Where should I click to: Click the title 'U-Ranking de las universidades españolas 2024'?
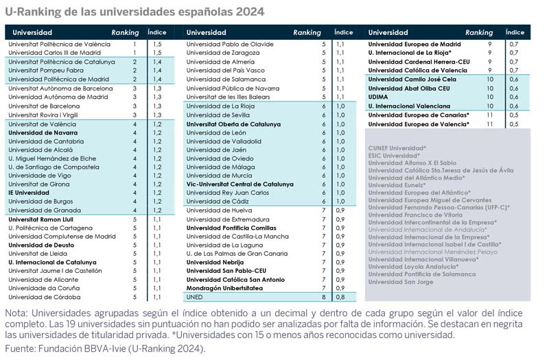pyautogui.click(x=135, y=12)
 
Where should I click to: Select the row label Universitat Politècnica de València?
pyautogui.click(x=59, y=44)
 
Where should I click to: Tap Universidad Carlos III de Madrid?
pyautogui.click(x=54, y=53)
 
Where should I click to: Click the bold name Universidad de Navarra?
pyautogui.click(x=43, y=133)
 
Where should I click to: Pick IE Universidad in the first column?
pyautogui.click(x=29, y=193)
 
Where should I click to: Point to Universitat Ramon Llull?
pyautogui.click(x=40, y=219)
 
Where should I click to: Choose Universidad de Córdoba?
pyautogui.click(x=45, y=297)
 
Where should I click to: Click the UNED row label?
pyautogui.click(x=194, y=297)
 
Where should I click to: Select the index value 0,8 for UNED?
pyautogui.click(x=340, y=297)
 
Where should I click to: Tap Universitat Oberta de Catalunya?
pyautogui.click(x=233, y=124)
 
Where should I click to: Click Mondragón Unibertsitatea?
pyautogui.click(x=224, y=288)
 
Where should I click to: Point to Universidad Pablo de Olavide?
pyautogui.click(x=230, y=44)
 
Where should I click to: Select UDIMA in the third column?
pyautogui.click(x=378, y=97)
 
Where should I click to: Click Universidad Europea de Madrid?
pyautogui.click(x=414, y=44)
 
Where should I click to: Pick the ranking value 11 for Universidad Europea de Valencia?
pyautogui.click(x=489, y=124)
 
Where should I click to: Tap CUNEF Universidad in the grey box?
pyautogui.click(x=397, y=148)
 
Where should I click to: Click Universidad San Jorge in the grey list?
pyautogui.click(x=401, y=282)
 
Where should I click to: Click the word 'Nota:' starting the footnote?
pyautogui.click(x=16, y=313)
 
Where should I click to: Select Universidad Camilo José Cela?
pyautogui.click(x=412, y=80)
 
